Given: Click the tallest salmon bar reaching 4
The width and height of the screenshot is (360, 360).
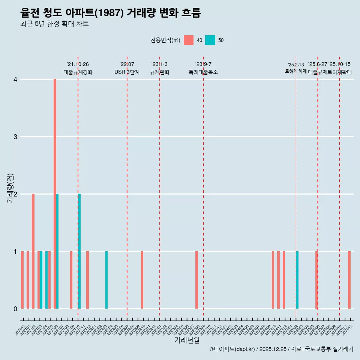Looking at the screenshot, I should [x=55, y=193].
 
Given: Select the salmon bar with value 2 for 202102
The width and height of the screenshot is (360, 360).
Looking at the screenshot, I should [x=33, y=251].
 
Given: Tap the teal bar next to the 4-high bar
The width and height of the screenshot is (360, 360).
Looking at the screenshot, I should [x=57, y=251].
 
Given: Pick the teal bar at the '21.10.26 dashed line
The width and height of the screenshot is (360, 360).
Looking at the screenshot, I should [x=79, y=251].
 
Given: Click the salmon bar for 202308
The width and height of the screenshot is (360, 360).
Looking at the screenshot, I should [x=196, y=280].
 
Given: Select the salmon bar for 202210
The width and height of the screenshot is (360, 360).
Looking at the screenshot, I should [x=142, y=280].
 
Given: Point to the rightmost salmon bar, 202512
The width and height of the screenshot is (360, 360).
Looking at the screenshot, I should [x=349, y=280].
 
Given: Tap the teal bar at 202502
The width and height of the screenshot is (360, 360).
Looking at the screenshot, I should [x=297, y=280].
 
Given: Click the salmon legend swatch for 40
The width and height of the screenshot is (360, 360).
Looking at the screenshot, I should [x=189, y=40].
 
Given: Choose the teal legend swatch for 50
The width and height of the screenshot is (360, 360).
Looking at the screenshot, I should [x=210, y=40].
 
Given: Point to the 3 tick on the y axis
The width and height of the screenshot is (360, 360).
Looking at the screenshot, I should [x=15, y=136].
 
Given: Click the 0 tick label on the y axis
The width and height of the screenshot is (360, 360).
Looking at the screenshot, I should [x=15, y=309].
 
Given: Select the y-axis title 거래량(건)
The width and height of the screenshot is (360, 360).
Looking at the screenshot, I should [x=10, y=188].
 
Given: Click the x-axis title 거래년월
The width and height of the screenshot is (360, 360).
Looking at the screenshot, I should [x=187, y=340].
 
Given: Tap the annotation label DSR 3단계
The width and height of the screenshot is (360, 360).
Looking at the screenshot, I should [x=127, y=72].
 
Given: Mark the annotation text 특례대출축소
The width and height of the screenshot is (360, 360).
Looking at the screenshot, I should [x=203, y=72].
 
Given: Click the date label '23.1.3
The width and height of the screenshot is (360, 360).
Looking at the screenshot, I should [x=159, y=64].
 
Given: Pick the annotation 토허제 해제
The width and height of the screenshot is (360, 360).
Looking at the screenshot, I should [x=295, y=71].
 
